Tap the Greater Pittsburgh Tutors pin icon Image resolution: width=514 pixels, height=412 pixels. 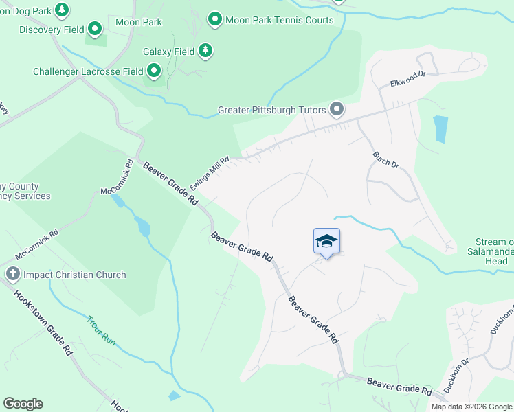click(x=337, y=109)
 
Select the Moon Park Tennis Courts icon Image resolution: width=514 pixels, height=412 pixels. click(x=215, y=19)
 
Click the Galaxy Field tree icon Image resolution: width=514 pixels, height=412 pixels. click(x=205, y=51)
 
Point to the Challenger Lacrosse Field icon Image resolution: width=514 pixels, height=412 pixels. click(x=154, y=71)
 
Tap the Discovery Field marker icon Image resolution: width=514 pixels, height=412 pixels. click(x=95, y=30)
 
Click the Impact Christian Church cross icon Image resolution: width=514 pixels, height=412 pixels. click(x=12, y=275)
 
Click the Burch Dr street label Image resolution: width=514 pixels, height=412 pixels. click(x=385, y=159)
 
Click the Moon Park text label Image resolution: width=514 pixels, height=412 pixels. click(x=139, y=22)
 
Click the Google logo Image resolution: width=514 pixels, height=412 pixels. click(x=23, y=404)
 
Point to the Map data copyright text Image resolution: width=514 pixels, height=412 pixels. click(x=471, y=407)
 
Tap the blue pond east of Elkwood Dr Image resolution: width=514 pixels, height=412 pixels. click(x=440, y=128)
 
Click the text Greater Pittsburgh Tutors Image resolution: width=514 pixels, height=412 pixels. click(x=272, y=110)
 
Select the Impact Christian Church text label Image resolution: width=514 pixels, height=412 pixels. click(x=75, y=275)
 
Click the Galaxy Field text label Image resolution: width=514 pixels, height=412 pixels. click(x=168, y=51)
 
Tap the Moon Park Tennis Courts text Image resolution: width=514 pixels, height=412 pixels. click(x=280, y=20)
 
